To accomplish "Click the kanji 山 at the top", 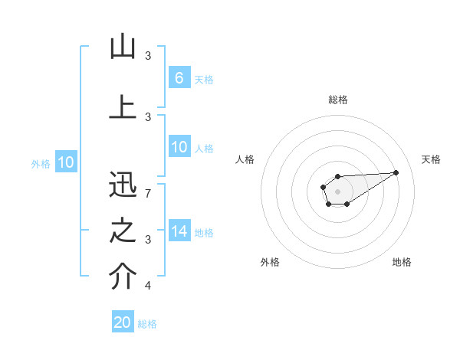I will pos(123,47).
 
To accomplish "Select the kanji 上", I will pos(123,107).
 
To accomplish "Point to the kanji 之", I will pos(123,230).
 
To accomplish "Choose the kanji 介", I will pos(123,277).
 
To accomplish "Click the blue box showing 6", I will pos(179,78).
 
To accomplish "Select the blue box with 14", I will pos(179,231).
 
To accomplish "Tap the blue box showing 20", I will pos(123,322).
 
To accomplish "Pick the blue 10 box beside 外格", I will pos(66,162).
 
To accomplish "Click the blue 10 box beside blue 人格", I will pos(179,147).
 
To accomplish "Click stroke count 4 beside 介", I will pos(148,286).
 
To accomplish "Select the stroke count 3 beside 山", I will pos(148,56).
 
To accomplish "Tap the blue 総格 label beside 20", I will pos(147,324).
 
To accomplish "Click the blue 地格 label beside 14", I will pos(204,233).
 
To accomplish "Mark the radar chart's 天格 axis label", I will pos(431,159).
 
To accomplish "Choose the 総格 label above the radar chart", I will pos(337,100).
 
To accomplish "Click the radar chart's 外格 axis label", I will pos(270,262).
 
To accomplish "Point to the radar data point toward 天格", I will pos(396,172).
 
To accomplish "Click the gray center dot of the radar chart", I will pos(337,190).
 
